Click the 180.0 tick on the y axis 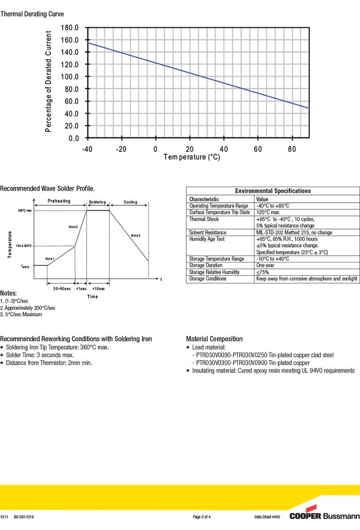coord(69,28)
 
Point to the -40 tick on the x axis coord(87,149)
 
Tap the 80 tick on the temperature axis coord(292,149)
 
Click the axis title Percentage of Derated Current coord(49,82)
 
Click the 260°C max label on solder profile coord(24,210)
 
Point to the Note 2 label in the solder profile coord(73,227)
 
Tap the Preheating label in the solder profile coord(59,202)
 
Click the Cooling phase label coord(131,202)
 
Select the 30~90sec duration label coord(61,289)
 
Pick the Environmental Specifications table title coord(273,191)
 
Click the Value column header coord(262,199)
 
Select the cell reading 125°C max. coord(268,213)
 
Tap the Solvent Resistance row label coord(207,233)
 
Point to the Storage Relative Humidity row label coord(214,272)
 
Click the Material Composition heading coord(214,339)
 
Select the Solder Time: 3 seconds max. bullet coord(40,355)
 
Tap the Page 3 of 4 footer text coord(202,517)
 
